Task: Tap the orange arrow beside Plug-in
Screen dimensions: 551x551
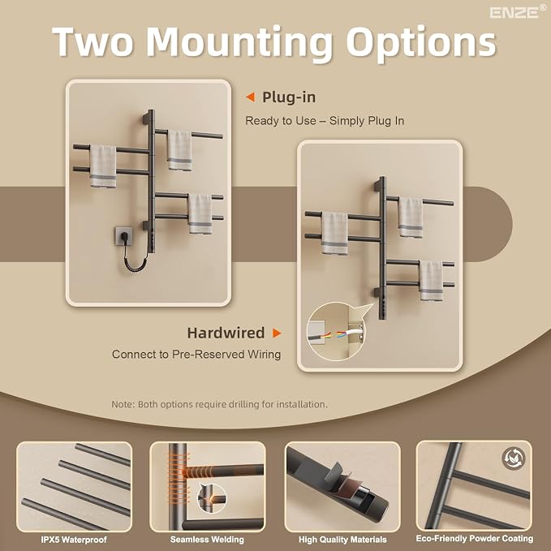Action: [x=250, y=97]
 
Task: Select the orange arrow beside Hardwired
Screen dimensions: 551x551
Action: [x=277, y=333]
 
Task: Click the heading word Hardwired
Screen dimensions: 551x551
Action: [x=226, y=333]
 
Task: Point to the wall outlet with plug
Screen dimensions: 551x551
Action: [x=123, y=236]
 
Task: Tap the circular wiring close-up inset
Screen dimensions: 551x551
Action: [x=336, y=331]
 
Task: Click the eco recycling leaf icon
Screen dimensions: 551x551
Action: [x=514, y=458]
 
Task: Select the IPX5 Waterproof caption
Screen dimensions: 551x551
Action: [x=74, y=540]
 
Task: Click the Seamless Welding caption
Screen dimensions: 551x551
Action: [x=207, y=540]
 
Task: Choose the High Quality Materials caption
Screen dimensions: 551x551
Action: [x=342, y=540]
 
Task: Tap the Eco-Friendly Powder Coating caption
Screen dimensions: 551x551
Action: [x=475, y=539]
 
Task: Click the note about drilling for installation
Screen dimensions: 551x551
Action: [x=219, y=404]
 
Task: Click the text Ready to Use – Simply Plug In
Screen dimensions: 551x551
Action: [x=325, y=121]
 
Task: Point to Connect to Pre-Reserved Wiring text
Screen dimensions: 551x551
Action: [x=196, y=354]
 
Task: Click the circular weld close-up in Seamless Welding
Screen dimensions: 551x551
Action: [x=212, y=498]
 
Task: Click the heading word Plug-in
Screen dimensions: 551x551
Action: [x=289, y=97]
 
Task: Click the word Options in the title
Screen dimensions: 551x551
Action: [x=421, y=43]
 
